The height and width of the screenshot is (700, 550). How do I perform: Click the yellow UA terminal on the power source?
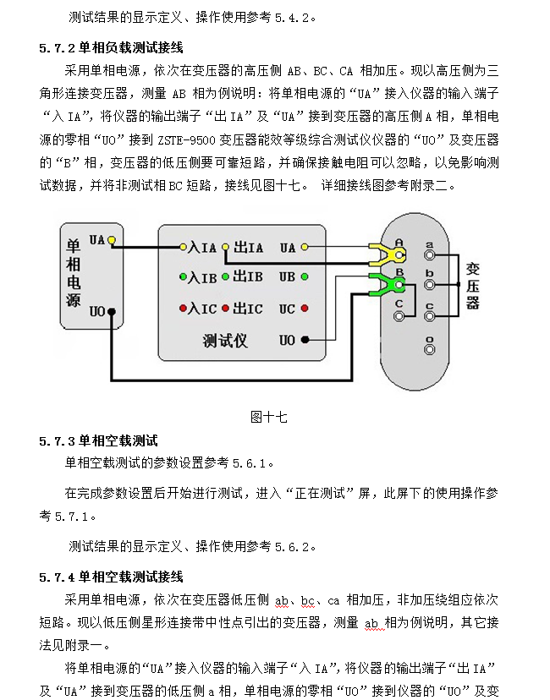[111, 241]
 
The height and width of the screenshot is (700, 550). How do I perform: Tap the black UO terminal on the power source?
[111, 312]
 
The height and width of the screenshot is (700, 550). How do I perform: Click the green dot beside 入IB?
[182, 277]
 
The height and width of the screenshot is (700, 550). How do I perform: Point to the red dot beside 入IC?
[182, 309]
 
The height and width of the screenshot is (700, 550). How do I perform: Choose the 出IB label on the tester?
[247, 277]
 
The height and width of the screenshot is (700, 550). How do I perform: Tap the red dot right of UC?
[305, 309]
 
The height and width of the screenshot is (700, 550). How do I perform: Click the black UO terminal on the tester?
[305, 340]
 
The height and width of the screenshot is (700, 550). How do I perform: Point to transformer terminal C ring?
[399, 315]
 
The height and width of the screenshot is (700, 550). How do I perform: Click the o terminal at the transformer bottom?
[430, 348]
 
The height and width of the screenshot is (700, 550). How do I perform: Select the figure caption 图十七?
[269, 416]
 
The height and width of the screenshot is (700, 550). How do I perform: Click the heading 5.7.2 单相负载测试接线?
[111, 47]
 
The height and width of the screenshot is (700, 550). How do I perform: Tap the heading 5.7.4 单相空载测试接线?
[111, 577]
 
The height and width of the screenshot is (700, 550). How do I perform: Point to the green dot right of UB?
[305, 277]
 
